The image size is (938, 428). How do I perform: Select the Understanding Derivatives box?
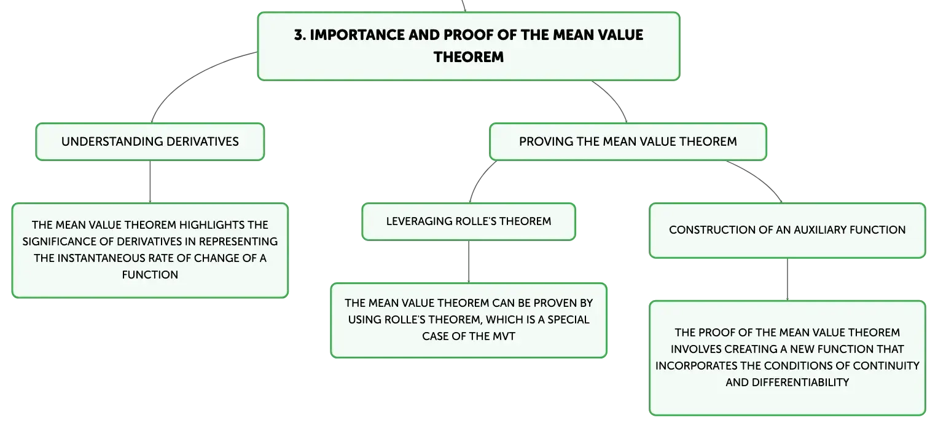point(150,141)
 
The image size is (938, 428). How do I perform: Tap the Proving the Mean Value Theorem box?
point(628,141)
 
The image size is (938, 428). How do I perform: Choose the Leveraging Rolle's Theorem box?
point(469,222)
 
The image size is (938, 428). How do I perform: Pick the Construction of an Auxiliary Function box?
point(788,231)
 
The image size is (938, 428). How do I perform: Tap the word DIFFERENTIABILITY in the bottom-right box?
point(800,382)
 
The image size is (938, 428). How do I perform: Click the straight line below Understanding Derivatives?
point(150,182)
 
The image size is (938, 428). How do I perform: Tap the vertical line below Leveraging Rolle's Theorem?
point(469,261)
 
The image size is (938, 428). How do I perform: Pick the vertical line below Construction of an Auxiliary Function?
point(788,279)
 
